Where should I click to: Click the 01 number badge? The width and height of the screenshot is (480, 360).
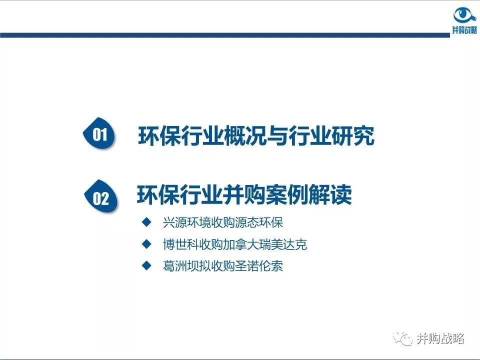(x=100, y=134)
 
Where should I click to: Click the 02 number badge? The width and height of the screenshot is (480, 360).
(x=101, y=198)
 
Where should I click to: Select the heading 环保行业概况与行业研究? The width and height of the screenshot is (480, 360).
(x=255, y=136)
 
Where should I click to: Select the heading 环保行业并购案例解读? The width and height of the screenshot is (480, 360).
(x=244, y=195)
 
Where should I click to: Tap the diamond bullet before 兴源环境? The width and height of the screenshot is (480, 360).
(x=146, y=221)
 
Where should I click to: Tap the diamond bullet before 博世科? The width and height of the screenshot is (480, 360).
(x=146, y=244)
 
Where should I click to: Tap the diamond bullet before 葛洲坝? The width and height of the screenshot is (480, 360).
(x=146, y=265)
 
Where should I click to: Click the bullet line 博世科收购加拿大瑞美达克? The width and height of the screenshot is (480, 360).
(x=234, y=244)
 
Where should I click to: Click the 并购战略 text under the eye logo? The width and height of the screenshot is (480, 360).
(x=464, y=30)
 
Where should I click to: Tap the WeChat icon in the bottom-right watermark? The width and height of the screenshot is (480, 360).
(x=402, y=339)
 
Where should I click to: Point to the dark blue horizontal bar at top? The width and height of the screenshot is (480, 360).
(x=225, y=35)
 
